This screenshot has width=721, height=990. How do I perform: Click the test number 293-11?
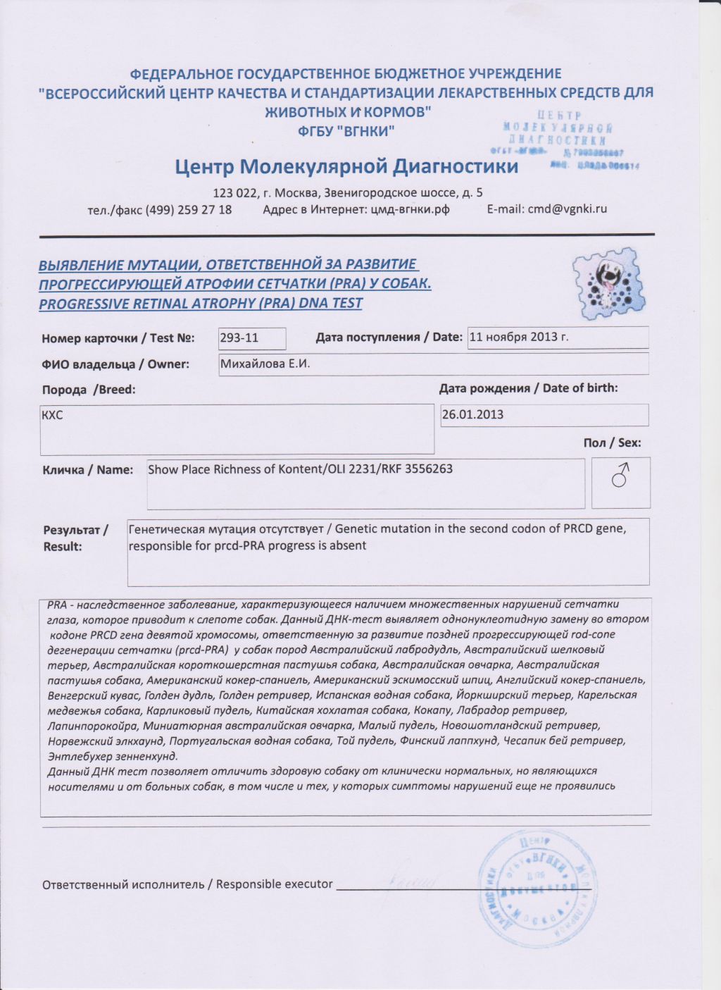pos(239,338)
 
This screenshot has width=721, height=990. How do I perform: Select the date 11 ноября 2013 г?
pos(518,337)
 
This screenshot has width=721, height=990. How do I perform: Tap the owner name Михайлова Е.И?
pos(265,364)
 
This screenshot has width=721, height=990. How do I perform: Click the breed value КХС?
pos(53,415)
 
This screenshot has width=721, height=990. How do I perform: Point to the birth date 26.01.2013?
pos(472,414)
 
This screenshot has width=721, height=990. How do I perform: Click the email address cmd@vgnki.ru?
pos(567,209)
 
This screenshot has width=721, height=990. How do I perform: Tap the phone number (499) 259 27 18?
pos(188,209)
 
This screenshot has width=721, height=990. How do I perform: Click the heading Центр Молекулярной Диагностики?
pos(346,166)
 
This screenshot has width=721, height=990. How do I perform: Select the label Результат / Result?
pos(75,538)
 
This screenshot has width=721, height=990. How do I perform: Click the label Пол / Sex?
pos(611,443)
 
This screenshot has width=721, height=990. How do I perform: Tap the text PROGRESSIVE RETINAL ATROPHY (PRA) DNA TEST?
pos(201,304)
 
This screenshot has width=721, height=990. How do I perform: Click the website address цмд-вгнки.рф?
pos(410,209)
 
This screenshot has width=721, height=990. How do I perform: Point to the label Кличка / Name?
pos(88,470)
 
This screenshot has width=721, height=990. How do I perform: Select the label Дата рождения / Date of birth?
pos(528,388)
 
